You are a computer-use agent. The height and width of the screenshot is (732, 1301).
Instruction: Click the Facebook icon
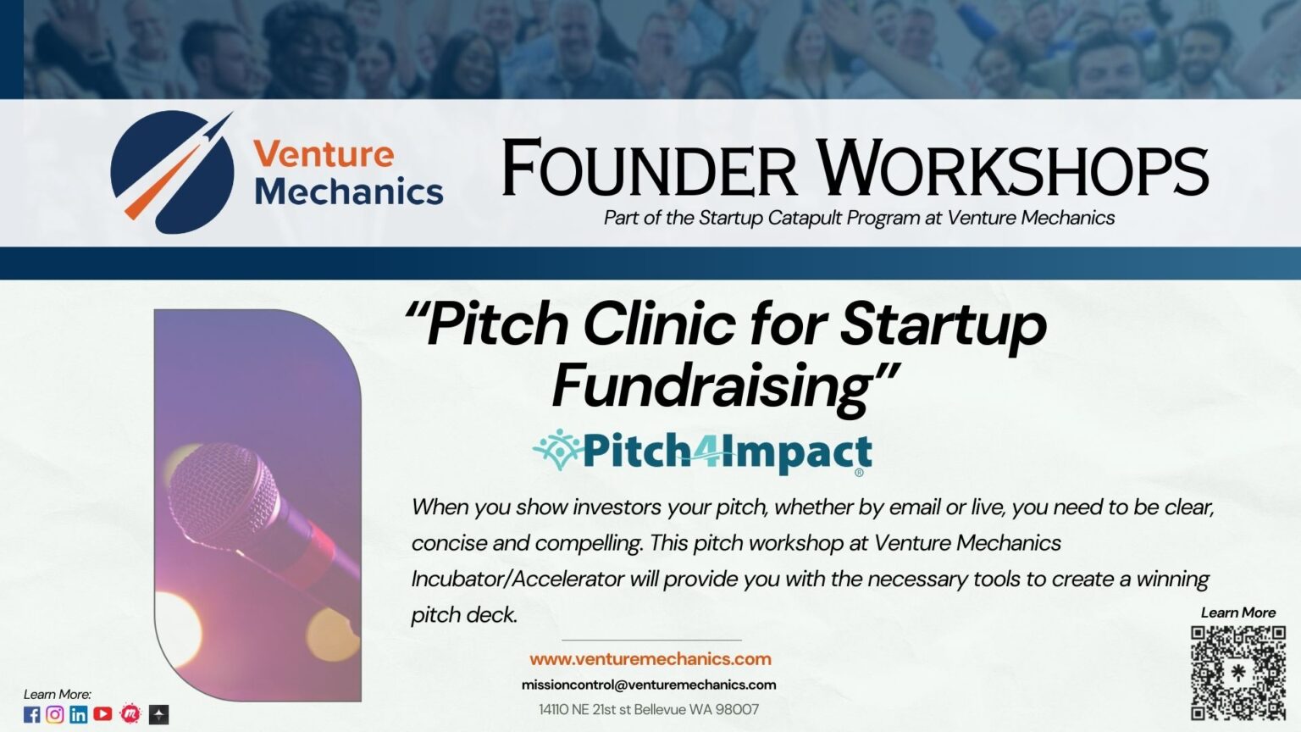32,714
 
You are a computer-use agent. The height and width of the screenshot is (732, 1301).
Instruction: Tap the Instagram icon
54,714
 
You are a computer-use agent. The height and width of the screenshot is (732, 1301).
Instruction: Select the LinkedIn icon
79,714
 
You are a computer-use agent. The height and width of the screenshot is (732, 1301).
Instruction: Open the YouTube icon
102,714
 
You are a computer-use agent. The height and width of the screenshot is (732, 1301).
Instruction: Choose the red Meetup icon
130,713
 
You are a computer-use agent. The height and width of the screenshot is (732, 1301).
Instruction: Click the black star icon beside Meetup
158,714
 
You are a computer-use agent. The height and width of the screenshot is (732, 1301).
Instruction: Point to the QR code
1237,673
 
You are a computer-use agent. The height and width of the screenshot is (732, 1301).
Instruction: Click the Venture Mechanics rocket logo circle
173,173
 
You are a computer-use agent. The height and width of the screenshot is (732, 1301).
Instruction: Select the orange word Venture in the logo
324,154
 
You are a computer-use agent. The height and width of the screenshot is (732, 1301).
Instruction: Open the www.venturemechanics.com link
650,659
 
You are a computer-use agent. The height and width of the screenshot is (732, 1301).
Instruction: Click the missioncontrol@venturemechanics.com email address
649,685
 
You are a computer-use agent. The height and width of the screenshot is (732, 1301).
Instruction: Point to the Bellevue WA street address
649,709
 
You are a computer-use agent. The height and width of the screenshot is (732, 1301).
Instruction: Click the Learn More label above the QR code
1238,613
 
